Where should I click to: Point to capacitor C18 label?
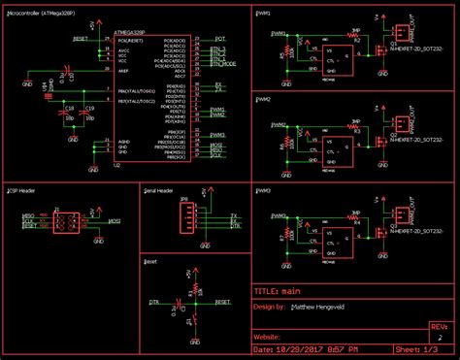coord(69,108)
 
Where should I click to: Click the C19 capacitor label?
coord(89,108)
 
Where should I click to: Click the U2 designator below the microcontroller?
coord(117,166)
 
